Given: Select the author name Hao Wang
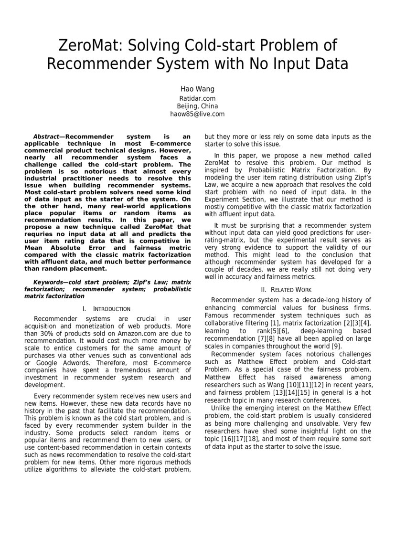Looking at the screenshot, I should pos(197,89).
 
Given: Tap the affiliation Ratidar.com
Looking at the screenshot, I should pos(197,98).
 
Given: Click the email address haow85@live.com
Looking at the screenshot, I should pos(197,114).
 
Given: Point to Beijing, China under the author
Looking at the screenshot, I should pos(197,106).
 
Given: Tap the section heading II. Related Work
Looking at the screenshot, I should pos(287,290).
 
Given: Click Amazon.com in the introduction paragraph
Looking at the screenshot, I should pos(132,334).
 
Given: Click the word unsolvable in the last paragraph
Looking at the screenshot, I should pos(316,423).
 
